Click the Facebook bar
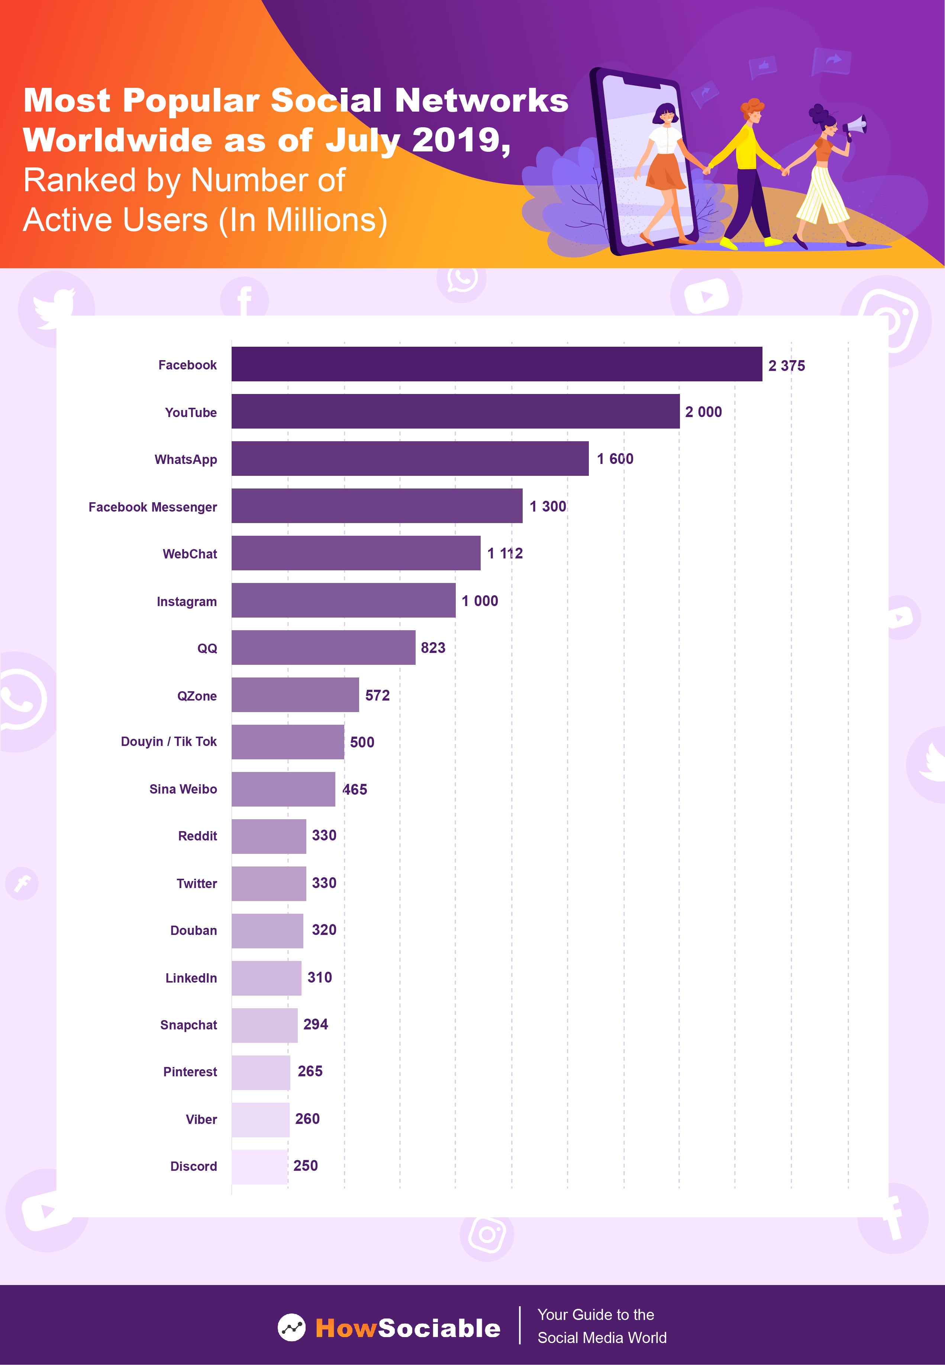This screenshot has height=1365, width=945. pyautogui.click(x=496, y=364)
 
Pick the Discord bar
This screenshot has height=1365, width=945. pyautogui.click(x=259, y=1167)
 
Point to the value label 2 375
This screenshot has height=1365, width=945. pyautogui.click(x=786, y=366)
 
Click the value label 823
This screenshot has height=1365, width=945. pyautogui.click(x=433, y=648)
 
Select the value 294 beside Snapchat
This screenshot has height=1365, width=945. pyautogui.click(x=316, y=1024)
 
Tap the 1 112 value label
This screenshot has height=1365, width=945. pyautogui.click(x=505, y=553)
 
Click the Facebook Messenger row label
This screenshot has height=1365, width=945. pyautogui.click(x=153, y=507)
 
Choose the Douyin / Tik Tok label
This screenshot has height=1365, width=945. pyautogui.click(x=169, y=742)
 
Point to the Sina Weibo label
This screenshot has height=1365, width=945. pyautogui.click(x=183, y=789)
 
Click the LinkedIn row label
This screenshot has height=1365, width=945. pyautogui.click(x=191, y=978)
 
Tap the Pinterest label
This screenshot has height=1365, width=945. pyautogui.click(x=190, y=1072)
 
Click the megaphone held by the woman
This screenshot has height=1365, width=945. pyautogui.click(x=854, y=126)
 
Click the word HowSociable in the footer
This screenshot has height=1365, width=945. pyautogui.click(x=408, y=1328)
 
